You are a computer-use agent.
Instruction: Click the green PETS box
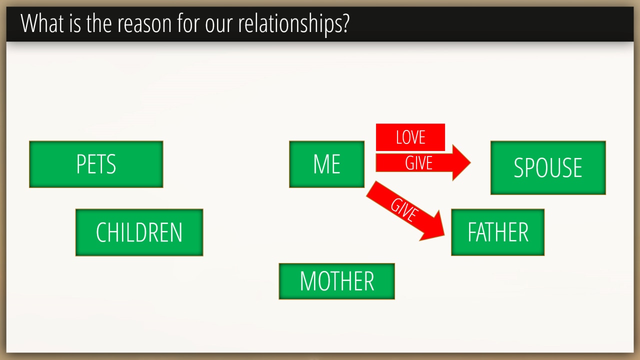click(x=96, y=164)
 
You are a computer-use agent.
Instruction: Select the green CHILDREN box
click(x=139, y=232)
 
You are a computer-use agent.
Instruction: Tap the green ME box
click(x=326, y=164)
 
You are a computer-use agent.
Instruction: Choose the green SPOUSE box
click(x=548, y=167)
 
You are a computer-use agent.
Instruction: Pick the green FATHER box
click(x=497, y=232)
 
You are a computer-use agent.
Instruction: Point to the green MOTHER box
click(x=337, y=281)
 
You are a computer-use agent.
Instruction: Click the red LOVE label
click(x=410, y=137)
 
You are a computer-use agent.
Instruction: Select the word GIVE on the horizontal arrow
click(x=418, y=163)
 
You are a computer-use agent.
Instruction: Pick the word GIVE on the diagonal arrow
click(x=404, y=210)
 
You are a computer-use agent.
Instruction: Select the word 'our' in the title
click(x=218, y=25)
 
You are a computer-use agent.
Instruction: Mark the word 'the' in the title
click(x=99, y=23)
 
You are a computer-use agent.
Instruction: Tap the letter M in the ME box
click(x=320, y=164)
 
